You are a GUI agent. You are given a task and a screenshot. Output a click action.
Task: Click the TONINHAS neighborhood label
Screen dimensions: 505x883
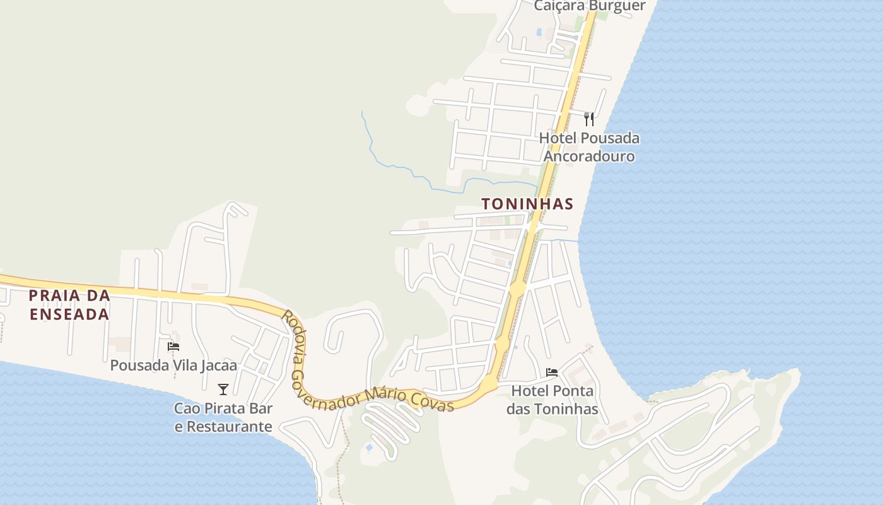click(527, 204)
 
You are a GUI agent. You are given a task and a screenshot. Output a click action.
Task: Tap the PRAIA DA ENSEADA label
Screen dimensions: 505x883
click(69, 304)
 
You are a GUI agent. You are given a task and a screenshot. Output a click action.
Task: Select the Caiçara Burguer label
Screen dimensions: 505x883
click(589, 6)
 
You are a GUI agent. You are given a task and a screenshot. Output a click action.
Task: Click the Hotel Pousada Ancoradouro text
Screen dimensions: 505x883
click(589, 147)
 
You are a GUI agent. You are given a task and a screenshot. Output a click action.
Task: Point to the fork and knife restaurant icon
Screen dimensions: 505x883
click(589, 119)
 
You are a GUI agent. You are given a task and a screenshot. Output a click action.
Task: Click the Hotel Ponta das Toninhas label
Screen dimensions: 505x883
click(552, 400)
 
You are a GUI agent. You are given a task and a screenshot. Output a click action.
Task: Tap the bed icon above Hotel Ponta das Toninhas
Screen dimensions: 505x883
click(552, 372)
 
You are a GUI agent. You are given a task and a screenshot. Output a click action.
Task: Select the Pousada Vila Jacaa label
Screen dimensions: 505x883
click(173, 365)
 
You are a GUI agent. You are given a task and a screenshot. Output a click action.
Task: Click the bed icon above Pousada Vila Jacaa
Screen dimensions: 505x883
click(173, 346)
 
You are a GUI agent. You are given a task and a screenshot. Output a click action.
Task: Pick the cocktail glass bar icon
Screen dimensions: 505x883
click(223, 389)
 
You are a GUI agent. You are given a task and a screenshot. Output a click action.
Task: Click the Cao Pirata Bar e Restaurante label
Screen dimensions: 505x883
click(223, 417)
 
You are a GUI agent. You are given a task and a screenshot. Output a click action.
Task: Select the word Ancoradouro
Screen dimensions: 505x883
click(589, 156)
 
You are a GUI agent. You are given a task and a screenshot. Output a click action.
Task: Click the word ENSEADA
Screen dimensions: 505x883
click(69, 314)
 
